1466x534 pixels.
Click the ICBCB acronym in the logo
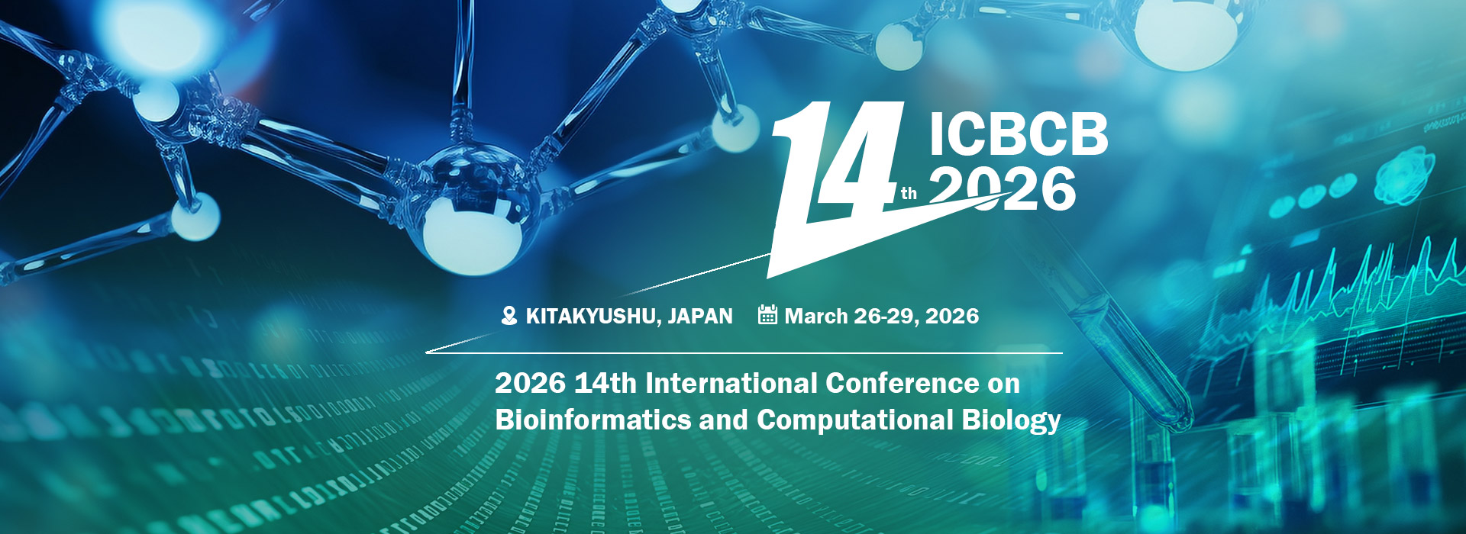pyautogui.click(x=1019, y=136)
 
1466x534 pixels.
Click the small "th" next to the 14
pyautogui.click(x=909, y=194)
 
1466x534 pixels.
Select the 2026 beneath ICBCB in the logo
pyautogui.click(x=1003, y=189)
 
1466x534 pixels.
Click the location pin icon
pyautogui.click(x=509, y=316)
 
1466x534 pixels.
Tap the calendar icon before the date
pyautogui.click(x=767, y=314)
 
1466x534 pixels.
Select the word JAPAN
pyautogui.click(x=700, y=316)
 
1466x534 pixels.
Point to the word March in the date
pyautogui.click(x=816, y=316)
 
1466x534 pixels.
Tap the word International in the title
pyautogui.click(x=731, y=383)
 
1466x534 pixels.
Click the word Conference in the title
pyautogui.click(x=902, y=383)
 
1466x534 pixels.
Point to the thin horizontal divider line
pyautogui.click(x=744, y=353)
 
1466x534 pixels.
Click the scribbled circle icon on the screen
pyautogui.click(x=1405, y=175)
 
